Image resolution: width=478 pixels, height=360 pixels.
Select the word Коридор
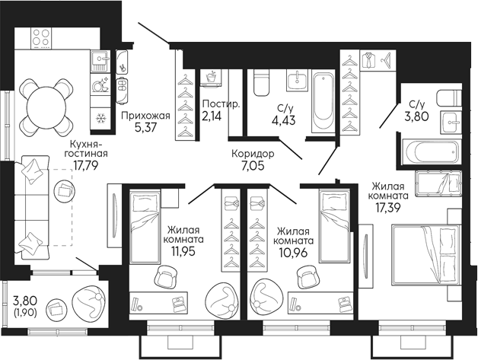click(x=254, y=154)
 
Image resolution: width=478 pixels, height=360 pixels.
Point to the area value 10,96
click(x=295, y=250)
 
